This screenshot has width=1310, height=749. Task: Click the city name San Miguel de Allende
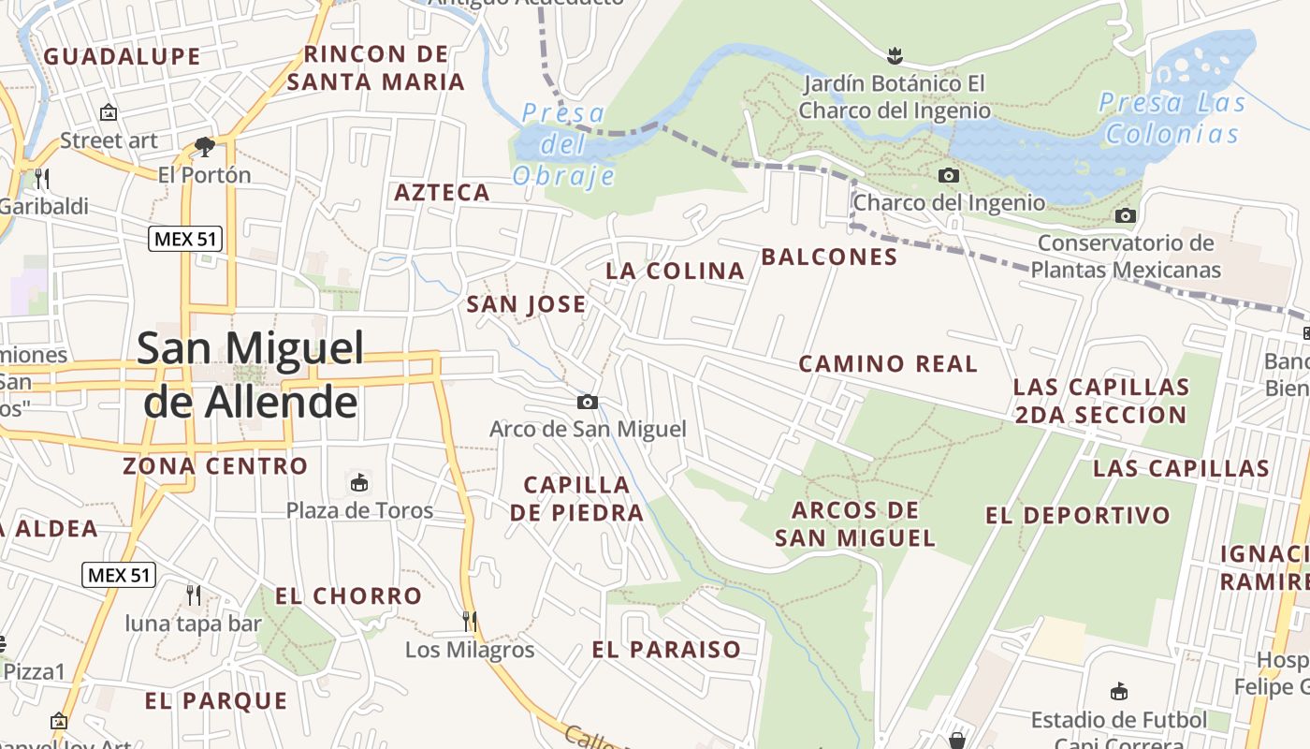coord(250,374)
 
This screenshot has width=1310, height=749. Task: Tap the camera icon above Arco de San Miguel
coord(587,402)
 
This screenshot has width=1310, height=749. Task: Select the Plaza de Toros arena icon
coord(358,483)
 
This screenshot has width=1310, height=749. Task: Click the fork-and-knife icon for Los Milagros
coord(470,621)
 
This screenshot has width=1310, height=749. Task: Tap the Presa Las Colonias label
coord(1172,118)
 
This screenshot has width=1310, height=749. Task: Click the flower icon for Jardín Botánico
coord(895,55)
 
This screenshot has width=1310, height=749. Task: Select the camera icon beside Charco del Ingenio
coord(949,175)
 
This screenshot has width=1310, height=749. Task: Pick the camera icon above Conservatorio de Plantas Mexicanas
coord(1126,216)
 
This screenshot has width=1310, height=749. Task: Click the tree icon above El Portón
coord(204,146)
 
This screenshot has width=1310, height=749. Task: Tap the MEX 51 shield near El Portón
coord(185,239)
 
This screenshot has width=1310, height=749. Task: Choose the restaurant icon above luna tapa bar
coord(193,595)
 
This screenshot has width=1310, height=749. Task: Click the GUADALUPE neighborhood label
coord(123,56)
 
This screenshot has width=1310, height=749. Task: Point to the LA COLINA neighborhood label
coord(675,271)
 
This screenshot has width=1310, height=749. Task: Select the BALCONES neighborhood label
coord(829,257)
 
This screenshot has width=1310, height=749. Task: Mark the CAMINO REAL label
coord(888,363)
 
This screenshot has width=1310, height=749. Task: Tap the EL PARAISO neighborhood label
coord(666,649)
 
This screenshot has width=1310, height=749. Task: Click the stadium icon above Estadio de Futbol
coord(1118,693)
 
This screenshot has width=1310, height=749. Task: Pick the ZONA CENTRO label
coord(215,465)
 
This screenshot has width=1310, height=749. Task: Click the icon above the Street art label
coord(109,112)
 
